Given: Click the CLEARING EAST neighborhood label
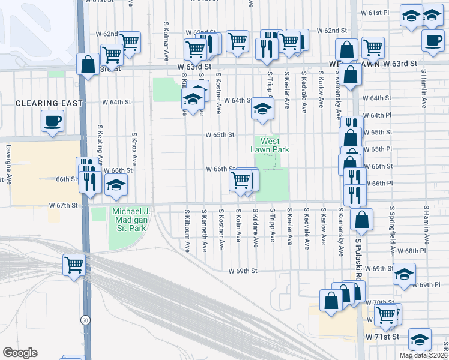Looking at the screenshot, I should point(49,103).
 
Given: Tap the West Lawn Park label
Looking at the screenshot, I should point(270,145).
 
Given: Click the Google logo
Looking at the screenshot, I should point(20,353).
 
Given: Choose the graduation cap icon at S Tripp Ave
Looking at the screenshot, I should point(262,109).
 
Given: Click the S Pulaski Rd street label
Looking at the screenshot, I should point(360,252).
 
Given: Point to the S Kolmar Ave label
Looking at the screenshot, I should point(166,41).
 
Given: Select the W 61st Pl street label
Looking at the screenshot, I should point(375,13).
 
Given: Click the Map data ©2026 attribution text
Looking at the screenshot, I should point(423,355).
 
